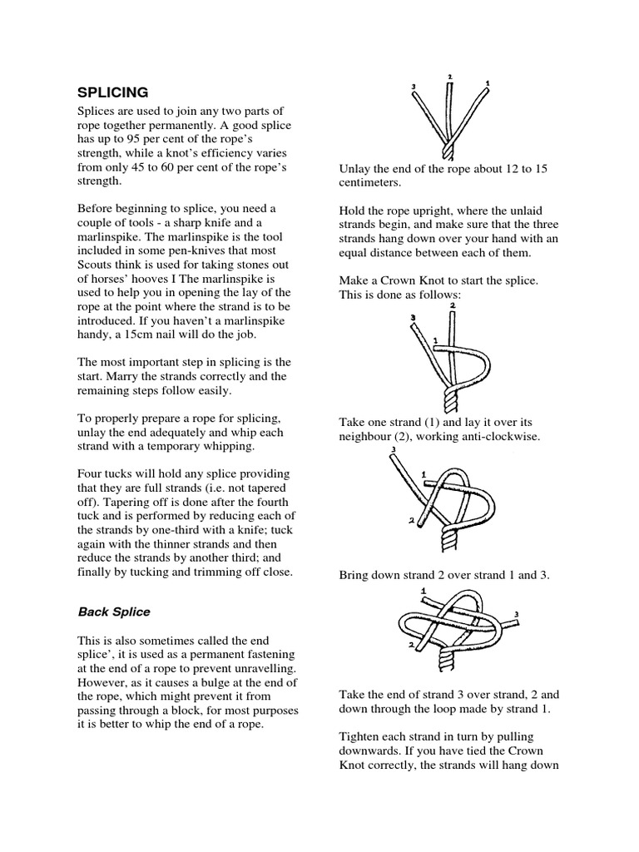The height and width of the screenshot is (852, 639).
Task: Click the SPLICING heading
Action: [x=113, y=92]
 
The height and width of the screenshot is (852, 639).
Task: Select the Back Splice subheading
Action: [x=114, y=612]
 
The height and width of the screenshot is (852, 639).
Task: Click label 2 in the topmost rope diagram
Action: [x=449, y=77]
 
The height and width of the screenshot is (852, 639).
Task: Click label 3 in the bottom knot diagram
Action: [x=517, y=615]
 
